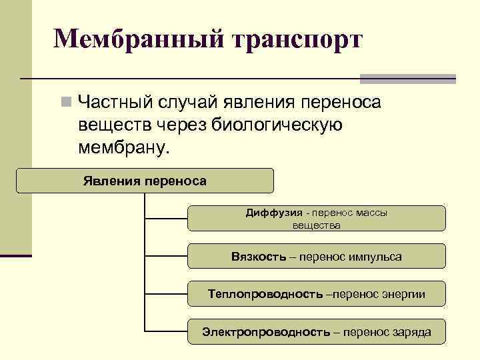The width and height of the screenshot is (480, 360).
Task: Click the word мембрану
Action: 125,145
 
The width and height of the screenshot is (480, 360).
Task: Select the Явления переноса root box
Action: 145,181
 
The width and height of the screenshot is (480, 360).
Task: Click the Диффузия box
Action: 316,219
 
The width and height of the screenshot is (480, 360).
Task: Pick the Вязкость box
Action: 316,257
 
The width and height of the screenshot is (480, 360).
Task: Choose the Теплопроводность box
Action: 316,294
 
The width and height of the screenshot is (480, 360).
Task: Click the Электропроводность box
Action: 316,331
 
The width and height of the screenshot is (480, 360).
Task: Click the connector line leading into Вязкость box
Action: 167,256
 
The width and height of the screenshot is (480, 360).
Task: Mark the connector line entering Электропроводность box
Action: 167,331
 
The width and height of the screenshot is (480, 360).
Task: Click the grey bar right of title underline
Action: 407,79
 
